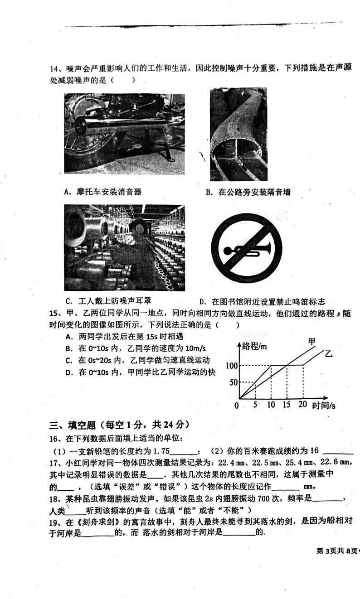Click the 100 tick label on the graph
(x=231, y=365)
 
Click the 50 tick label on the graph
(x=234, y=382)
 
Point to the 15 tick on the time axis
(x=286, y=405)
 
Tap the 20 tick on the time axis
(x=303, y=405)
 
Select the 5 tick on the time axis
(x=255, y=405)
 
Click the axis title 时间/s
(x=324, y=405)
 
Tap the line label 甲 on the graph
(x=312, y=341)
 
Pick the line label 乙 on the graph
(x=328, y=353)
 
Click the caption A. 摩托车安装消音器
(x=103, y=192)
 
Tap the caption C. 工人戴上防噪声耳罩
(x=108, y=301)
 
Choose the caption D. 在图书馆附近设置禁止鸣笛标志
(x=262, y=302)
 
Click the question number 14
(x=55, y=68)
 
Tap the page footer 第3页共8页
(x=336, y=551)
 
